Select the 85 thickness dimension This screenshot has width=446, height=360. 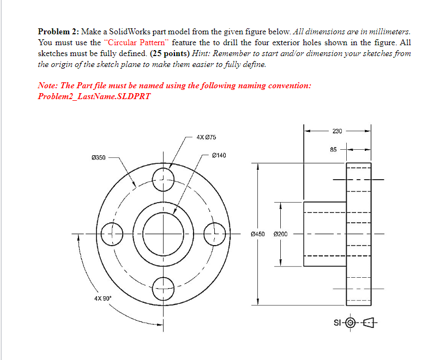coord(334,149)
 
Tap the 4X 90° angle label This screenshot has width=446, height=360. coord(102,299)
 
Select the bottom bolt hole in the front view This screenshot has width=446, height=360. coord(162,289)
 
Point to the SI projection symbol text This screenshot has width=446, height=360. coord(336,325)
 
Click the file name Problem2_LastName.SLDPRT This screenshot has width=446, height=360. coord(94,96)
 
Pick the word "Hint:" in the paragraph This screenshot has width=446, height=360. coord(202,53)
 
